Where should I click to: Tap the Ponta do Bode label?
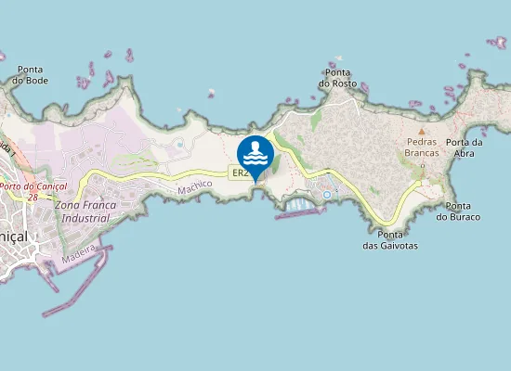(31, 75)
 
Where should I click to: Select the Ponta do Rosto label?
(337, 78)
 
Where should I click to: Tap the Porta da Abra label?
(464, 147)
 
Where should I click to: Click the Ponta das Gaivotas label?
(390, 240)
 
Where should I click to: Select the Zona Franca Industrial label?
(83, 211)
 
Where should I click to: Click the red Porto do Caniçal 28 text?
(30, 191)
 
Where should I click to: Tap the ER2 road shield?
(239, 173)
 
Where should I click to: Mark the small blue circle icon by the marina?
(327, 195)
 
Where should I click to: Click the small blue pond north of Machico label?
(178, 145)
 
